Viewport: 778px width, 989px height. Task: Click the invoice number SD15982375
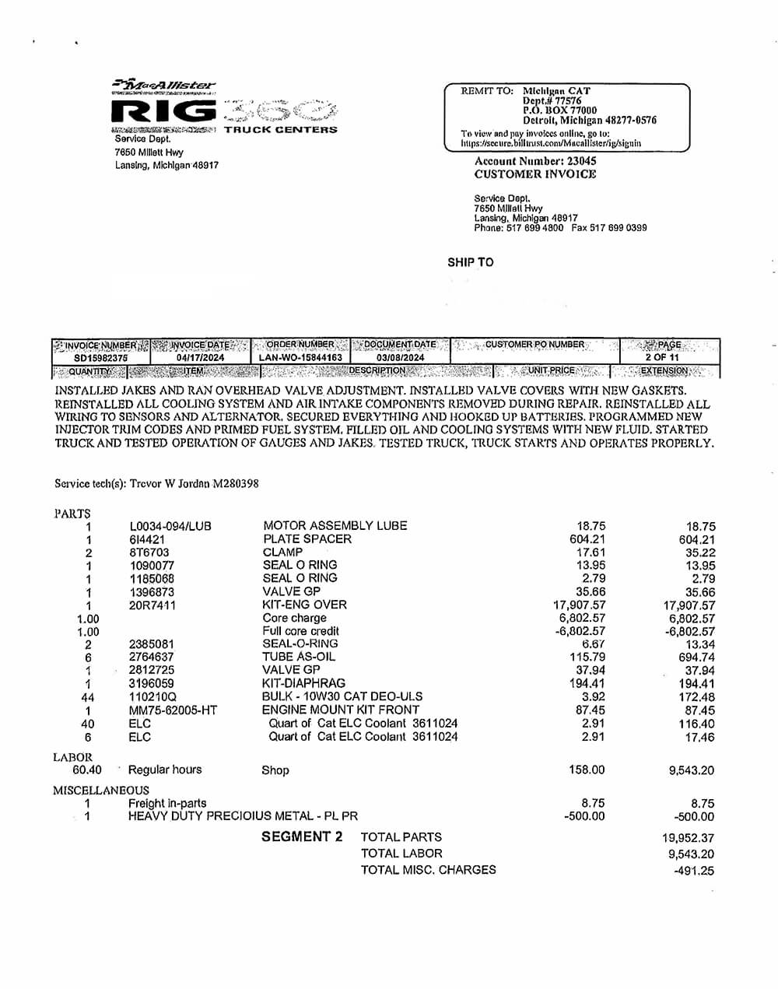(x=101, y=358)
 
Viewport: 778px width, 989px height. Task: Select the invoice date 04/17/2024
(x=200, y=358)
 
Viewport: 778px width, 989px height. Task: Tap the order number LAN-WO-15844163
(x=300, y=358)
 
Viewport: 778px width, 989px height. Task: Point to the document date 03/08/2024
(x=401, y=358)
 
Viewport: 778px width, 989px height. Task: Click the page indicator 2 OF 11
(x=662, y=358)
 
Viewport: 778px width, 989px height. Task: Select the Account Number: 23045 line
(x=535, y=161)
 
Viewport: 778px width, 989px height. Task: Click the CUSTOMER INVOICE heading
(x=535, y=174)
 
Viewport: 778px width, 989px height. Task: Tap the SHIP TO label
(x=470, y=262)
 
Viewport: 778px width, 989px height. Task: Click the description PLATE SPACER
(x=307, y=539)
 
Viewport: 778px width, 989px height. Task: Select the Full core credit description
(x=300, y=631)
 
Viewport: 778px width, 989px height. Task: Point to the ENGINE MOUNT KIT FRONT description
(x=341, y=710)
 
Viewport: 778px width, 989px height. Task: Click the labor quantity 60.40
(x=87, y=770)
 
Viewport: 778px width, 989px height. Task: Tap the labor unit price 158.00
(x=587, y=770)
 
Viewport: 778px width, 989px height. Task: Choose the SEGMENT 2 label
(x=302, y=837)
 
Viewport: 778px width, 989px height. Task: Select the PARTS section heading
(x=72, y=514)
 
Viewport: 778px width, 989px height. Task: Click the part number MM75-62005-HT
(x=173, y=710)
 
